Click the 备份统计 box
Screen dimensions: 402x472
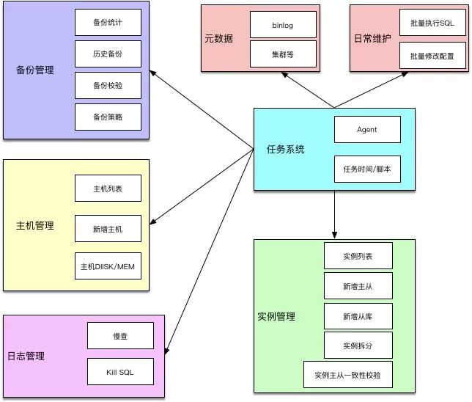coord(107,23)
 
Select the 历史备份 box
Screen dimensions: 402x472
coord(107,54)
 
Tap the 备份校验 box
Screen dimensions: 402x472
coord(107,86)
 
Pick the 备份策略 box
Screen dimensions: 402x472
coord(107,117)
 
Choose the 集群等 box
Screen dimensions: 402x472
coord(282,54)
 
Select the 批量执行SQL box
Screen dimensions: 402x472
coord(432,23)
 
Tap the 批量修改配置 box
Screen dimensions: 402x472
coord(432,56)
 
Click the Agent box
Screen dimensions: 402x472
coord(367,130)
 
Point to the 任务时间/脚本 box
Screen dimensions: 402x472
coord(367,169)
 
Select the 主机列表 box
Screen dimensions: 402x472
coord(107,189)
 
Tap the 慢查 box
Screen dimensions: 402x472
coord(121,335)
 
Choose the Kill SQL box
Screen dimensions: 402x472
coord(121,371)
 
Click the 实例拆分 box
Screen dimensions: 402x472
coord(358,345)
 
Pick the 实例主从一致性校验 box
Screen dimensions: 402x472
coord(347,375)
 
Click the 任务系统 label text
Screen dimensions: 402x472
coord(285,150)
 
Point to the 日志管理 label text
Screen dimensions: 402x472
coord(26,357)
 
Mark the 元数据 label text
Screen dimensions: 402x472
coord(219,39)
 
